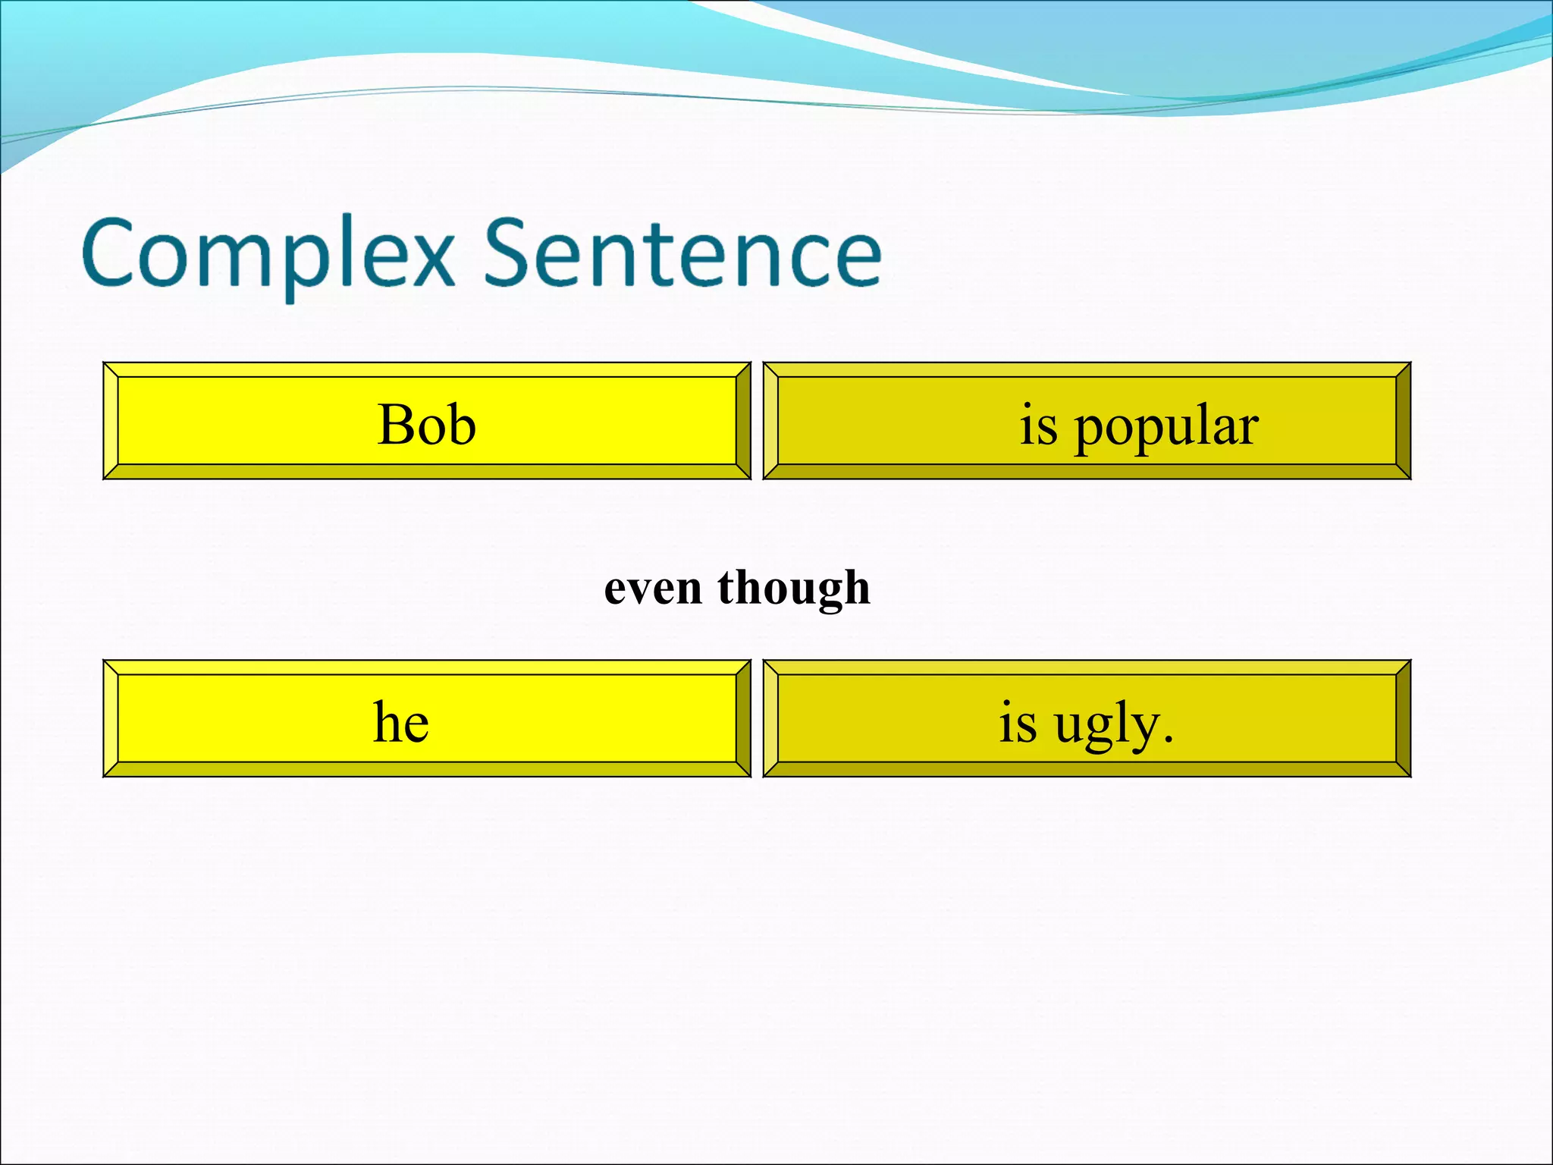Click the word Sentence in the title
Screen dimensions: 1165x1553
[x=682, y=252]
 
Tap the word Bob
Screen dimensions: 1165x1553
[x=426, y=424]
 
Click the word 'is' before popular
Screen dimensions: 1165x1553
[x=1038, y=425]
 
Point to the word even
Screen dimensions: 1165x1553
[x=652, y=589]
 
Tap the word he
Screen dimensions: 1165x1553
[x=401, y=722]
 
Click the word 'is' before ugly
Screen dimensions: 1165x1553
[x=1017, y=722]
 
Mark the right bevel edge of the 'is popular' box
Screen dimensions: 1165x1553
[x=1404, y=421]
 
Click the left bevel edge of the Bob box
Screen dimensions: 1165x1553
[x=111, y=421]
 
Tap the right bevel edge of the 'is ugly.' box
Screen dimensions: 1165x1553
[x=1404, y=718]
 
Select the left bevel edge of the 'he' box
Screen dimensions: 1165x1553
[x=111, y=718]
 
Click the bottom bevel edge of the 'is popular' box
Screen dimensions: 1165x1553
[x=1087, y=472]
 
